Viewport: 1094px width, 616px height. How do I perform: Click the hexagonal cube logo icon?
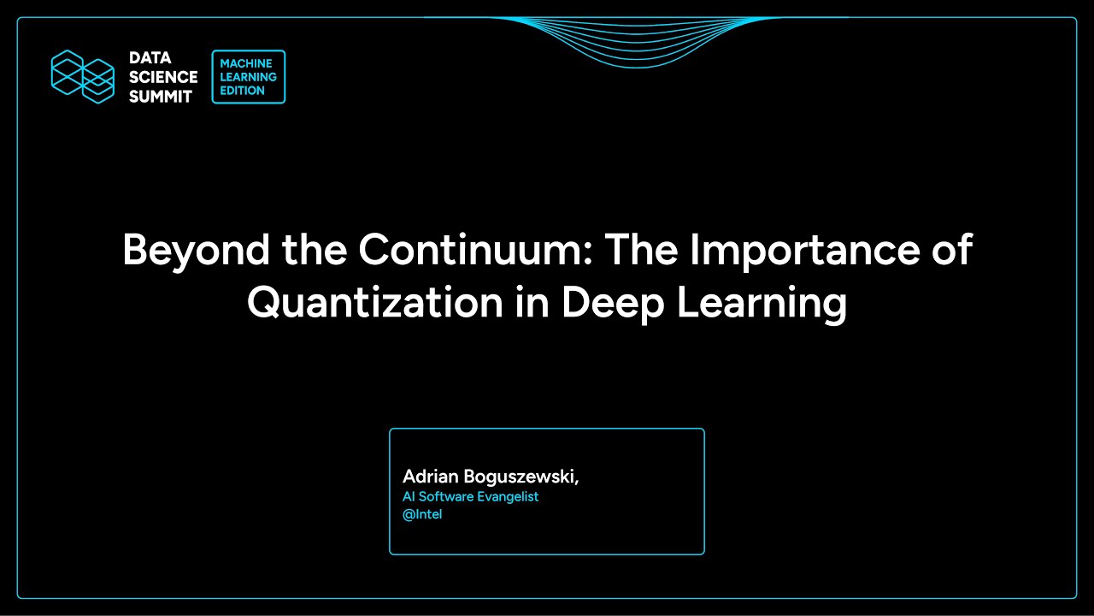[x=83, y=77]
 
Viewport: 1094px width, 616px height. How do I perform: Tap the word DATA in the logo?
[x=150, y=58]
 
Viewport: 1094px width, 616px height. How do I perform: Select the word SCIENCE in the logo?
[x=163, y=77]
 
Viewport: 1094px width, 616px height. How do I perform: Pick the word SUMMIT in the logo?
[x=161, y=97]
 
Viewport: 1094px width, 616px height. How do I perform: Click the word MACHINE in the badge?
[x=246, y=64]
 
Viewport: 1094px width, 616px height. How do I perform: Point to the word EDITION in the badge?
[x=243, y=91]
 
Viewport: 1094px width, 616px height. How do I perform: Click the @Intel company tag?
[x=422, y=515]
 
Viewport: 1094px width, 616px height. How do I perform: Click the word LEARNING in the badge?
[x=249, y=77]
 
